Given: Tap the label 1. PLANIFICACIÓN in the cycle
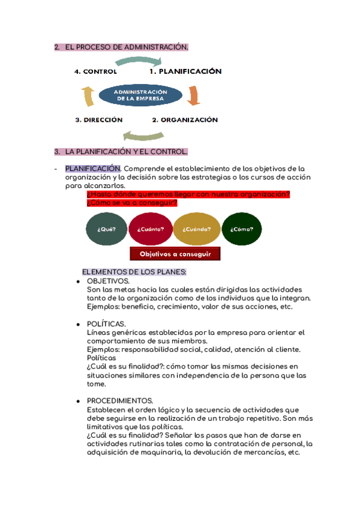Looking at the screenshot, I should [185, 71].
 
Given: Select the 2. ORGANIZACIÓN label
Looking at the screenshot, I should [185, 120].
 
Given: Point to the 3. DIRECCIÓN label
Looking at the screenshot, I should [99, 120].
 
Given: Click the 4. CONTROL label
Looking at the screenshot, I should [95, 71].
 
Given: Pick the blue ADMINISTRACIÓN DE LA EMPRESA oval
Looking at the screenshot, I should [140, 95].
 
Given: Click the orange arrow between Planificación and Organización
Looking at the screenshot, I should [193, 95].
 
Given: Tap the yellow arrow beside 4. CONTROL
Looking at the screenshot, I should [88, 96].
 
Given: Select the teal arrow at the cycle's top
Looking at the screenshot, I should [139, 61].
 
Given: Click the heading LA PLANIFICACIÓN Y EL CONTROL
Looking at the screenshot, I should [127, 151].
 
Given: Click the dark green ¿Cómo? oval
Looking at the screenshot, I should [242, 229].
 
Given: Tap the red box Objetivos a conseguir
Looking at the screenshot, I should [175, 254].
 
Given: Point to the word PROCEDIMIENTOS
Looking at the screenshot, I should [120, 400].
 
